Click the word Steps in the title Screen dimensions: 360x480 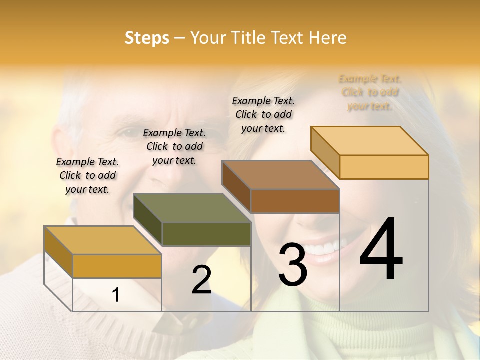click(x=147, y=38)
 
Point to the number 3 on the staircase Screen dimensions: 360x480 click(x=292, y=264)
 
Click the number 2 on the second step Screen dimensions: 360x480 click(x=201, y=280)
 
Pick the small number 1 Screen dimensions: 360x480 click(x=116, y=295)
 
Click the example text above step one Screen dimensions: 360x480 click(x=87, y=175)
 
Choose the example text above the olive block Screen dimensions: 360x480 click(x=174, y=146)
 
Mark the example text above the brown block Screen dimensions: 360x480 click(x=263, y=114)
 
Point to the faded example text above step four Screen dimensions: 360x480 click(x=370, y=92)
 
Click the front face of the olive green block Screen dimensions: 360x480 click(x=206, y=234)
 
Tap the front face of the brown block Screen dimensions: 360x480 click(x=295, y=201)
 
